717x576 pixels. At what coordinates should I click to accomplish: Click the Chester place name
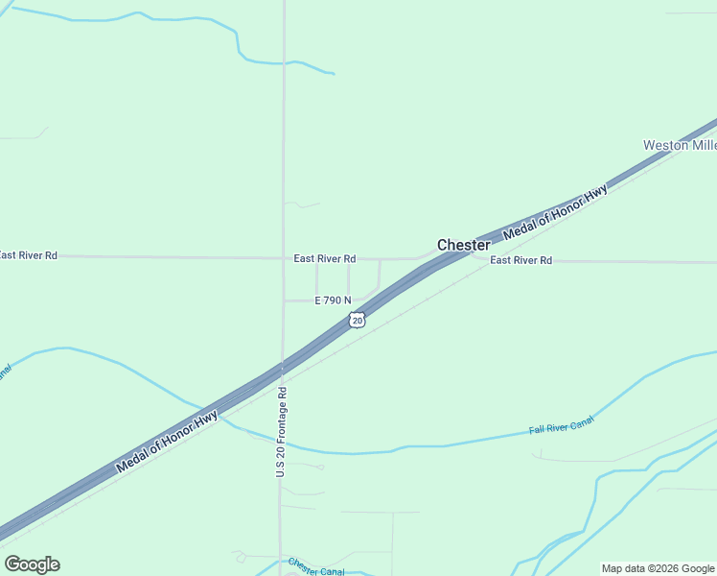click(464, 245)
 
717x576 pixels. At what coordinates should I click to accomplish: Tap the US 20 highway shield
click(357, 320)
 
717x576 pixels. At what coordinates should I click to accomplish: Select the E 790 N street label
click(333, 300)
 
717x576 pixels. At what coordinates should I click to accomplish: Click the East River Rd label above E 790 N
click(325, 258)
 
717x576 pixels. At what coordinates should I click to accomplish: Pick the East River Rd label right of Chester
click(520, 260)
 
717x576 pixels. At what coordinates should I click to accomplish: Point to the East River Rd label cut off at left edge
click(29, 255)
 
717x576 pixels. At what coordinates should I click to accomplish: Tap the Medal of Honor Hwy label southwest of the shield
click(167, 443)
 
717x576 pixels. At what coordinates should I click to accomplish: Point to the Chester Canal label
click(316, 567)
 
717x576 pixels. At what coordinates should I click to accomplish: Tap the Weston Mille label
click(679, 145)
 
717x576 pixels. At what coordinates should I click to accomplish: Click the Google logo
click(32, 564)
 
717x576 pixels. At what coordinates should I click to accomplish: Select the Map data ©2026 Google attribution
click(659, 568)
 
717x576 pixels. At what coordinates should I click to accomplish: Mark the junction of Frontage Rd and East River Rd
click(283, 257)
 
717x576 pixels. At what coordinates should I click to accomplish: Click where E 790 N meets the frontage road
click(283, 300)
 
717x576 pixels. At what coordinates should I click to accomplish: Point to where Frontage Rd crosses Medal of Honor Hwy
click(282, 368)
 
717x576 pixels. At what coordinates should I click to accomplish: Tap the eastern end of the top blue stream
click(333, 73)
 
